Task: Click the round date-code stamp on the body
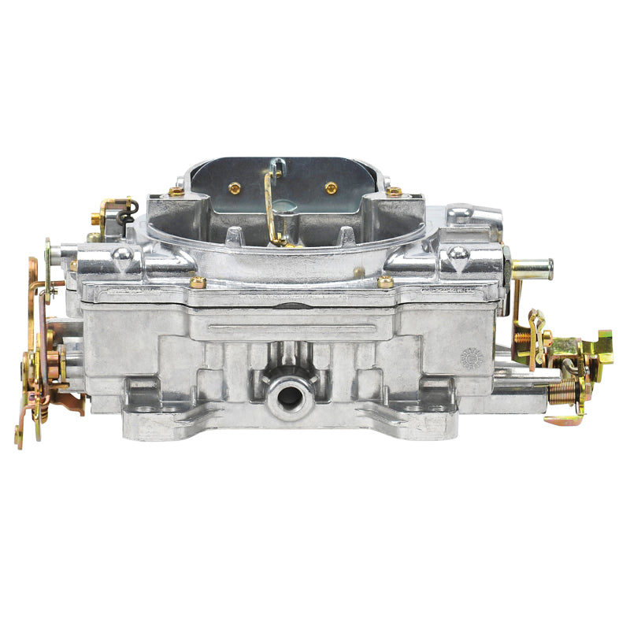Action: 470,357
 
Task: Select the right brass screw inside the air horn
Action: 331,187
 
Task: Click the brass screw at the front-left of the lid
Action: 198,281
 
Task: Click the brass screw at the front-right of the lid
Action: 386,281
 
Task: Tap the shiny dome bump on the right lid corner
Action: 457,253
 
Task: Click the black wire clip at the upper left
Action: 130,205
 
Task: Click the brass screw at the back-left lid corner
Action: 176,191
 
